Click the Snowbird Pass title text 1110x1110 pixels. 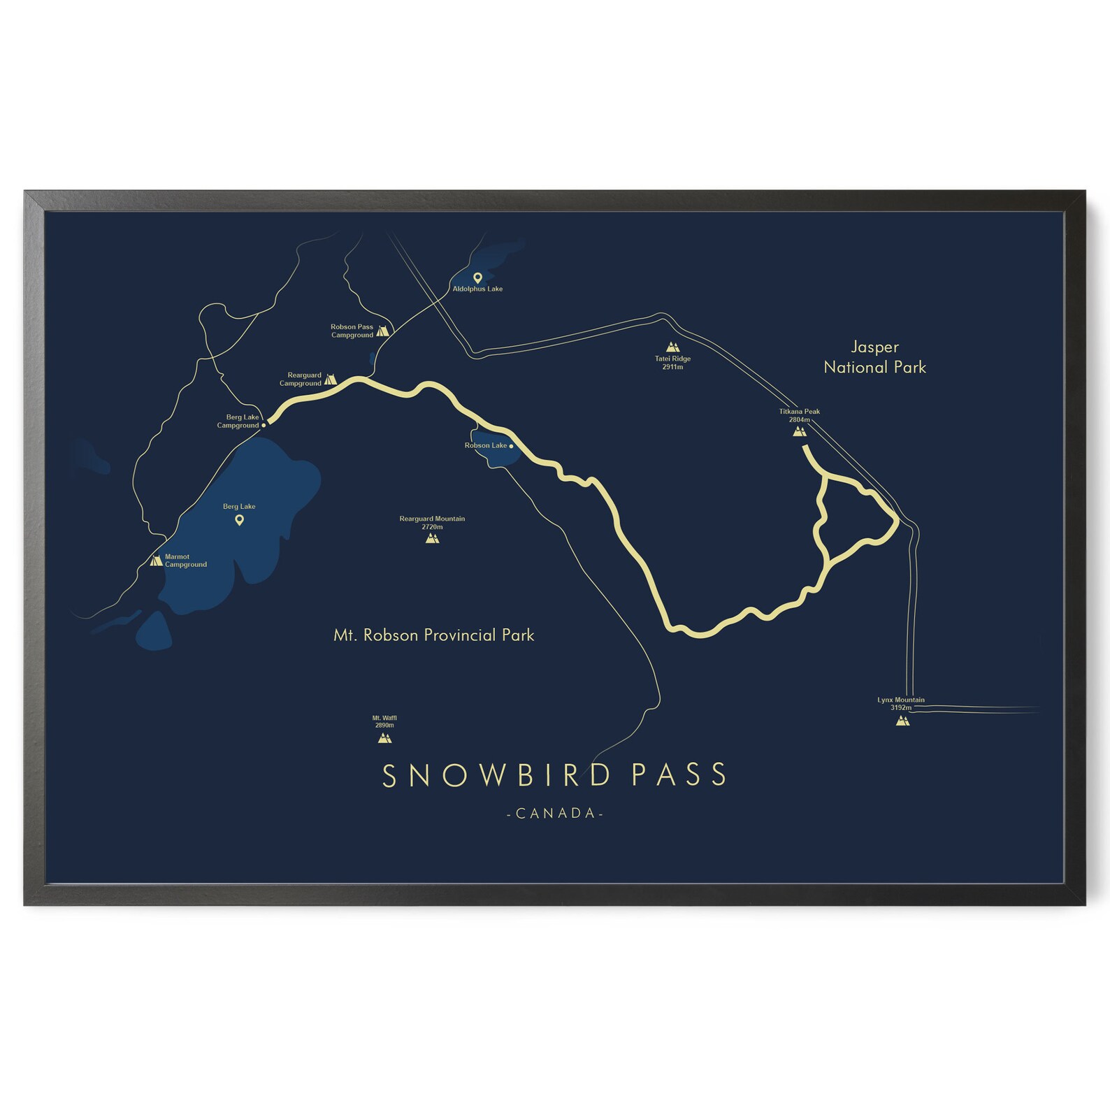(555, 775)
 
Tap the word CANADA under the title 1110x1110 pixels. (555, 813)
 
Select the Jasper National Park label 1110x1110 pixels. (874, 356)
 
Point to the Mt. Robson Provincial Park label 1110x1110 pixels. (433, 635)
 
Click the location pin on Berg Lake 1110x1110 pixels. (239, 520)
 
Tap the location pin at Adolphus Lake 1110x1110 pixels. (477, 277)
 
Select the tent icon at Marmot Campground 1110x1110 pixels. (157, 560)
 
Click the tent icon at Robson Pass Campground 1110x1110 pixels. (382, 331)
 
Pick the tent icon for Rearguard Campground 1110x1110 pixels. (330, 379)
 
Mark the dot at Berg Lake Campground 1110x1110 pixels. (264, 424)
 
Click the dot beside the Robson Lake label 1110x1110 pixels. (512, 446)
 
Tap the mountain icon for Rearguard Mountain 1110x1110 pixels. (432, 538)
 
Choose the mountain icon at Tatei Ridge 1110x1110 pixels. (672, 347)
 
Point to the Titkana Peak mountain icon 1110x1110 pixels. (800, 431)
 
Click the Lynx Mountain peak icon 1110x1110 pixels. (902, 720)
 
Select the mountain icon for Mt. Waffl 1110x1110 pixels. (384, 737)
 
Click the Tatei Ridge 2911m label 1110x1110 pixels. (672, 363)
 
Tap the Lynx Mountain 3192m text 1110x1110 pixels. (901, 703)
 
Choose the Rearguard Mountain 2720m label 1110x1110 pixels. (432, 523)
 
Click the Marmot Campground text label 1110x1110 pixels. (185, 561)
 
